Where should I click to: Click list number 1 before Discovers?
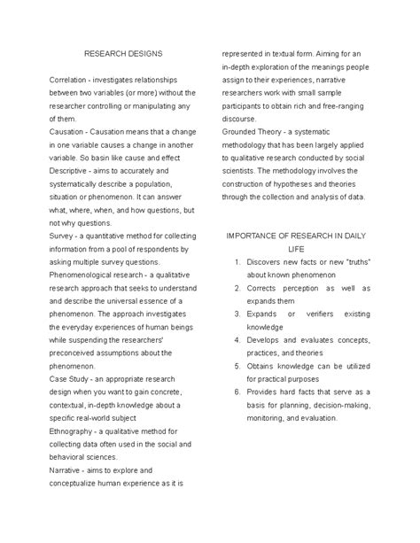237,263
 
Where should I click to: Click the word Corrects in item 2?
267,289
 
